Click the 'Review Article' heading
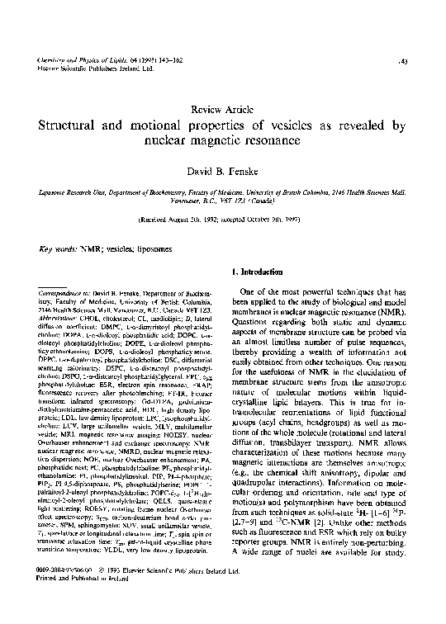click(x=223, y=110)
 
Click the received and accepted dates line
click(x=223, y=221)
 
